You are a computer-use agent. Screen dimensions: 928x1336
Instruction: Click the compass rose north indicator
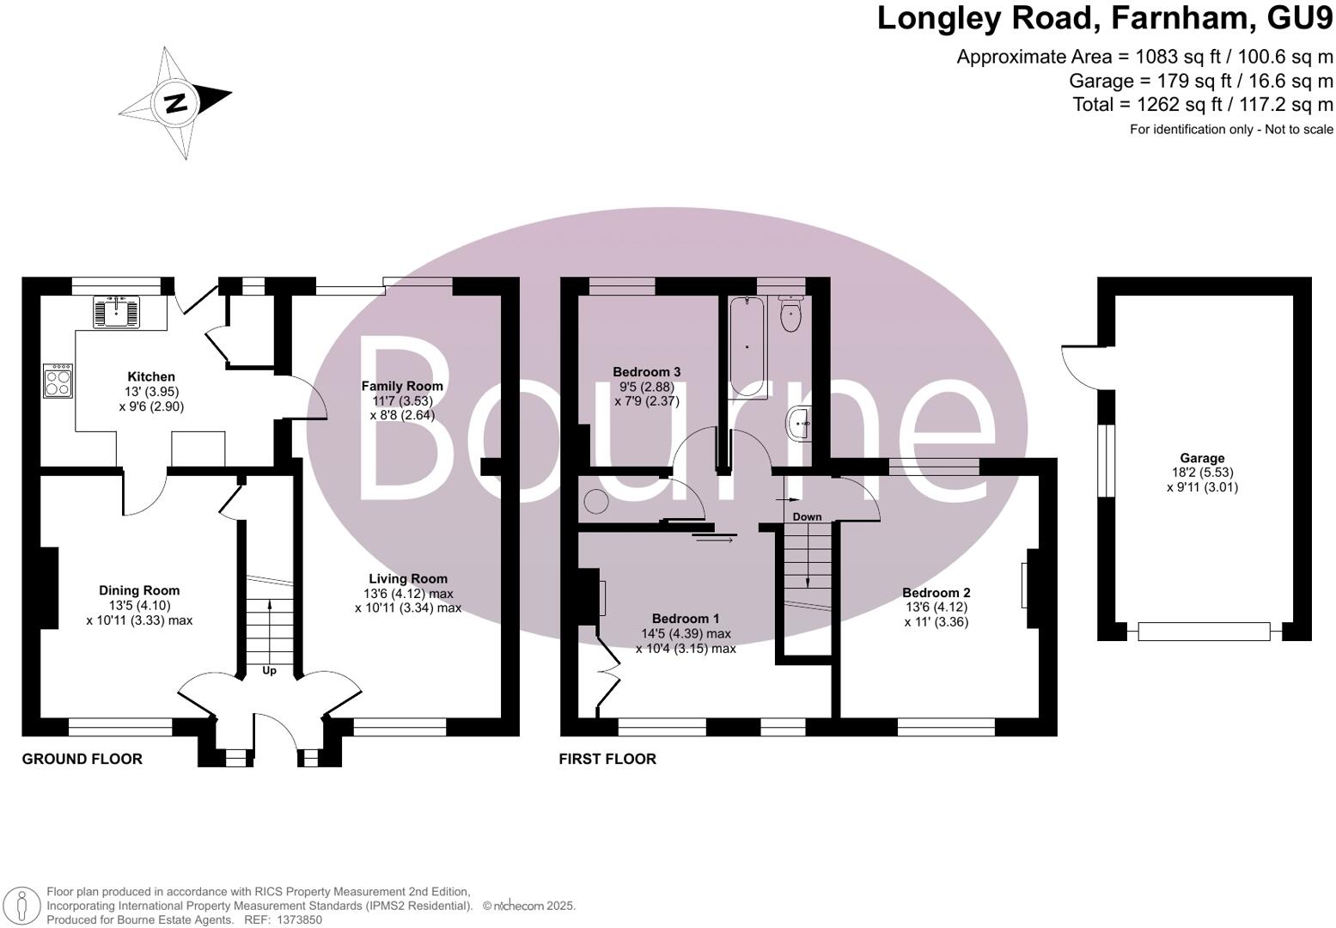[176, 103]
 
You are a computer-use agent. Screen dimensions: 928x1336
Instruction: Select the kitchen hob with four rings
[58, 382]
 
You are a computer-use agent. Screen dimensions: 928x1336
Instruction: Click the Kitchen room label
[151, 376]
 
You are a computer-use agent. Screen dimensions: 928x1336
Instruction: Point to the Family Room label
[402, 387]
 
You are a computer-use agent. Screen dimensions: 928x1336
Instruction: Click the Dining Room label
[139, 590]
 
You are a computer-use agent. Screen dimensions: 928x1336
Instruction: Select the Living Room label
[408, 579]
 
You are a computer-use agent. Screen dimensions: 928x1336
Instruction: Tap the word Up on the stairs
[269, 670]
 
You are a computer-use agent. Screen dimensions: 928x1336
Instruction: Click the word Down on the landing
[807, 517]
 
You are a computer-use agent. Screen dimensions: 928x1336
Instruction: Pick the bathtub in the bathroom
[747, 347]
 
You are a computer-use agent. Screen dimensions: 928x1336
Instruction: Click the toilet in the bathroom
[790, 314]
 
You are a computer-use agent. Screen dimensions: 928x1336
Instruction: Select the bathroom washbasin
[799, 423]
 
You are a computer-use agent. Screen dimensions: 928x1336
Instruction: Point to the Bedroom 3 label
[646, 372]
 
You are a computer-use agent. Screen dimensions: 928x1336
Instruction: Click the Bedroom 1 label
[686, 619]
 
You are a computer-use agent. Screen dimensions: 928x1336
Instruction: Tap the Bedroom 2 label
[936, 593]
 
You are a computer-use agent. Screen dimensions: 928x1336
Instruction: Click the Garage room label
[1202, 458]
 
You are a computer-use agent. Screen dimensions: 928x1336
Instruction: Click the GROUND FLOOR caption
[82, 759]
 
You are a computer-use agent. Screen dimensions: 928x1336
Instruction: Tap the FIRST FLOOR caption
[607, 759]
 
